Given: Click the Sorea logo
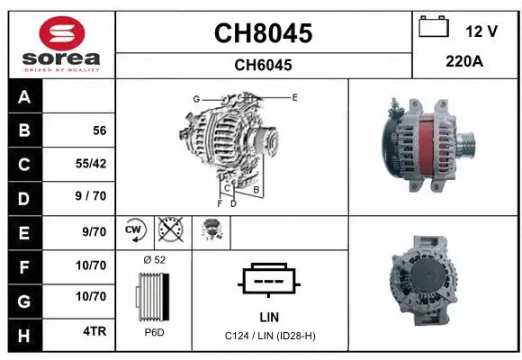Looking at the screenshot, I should click(61, 42).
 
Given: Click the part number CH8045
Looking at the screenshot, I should click(263, 33).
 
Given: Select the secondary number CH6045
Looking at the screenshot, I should click(263, 65).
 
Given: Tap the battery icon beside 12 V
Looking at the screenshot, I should click(434, 29).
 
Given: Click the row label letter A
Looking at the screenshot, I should click(23, 97).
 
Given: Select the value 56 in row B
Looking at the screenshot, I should click(99, 130).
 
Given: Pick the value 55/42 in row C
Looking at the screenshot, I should click(94, 165).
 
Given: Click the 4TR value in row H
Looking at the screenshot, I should click(94, 331).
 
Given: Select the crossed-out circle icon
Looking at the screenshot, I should click(168, 231).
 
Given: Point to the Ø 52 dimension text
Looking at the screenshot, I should click(154, 259).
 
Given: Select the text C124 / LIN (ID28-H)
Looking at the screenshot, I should click(269, 336).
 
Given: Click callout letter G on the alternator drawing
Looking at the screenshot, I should click(195, 98).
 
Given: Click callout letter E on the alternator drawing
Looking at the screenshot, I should click(294, 95).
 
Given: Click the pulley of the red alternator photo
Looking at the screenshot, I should click(467, 143).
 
